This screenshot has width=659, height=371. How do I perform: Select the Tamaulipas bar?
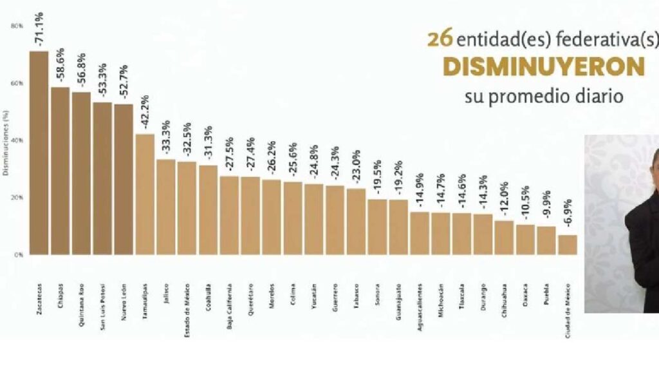tap(145, 194)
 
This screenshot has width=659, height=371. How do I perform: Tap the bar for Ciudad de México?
tap(567, 245)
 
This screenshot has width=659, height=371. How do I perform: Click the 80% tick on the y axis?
tap(17, 26)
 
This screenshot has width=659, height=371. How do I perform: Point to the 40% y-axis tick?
tap(17, 140)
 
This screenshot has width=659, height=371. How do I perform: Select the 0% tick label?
tap(19, 255)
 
